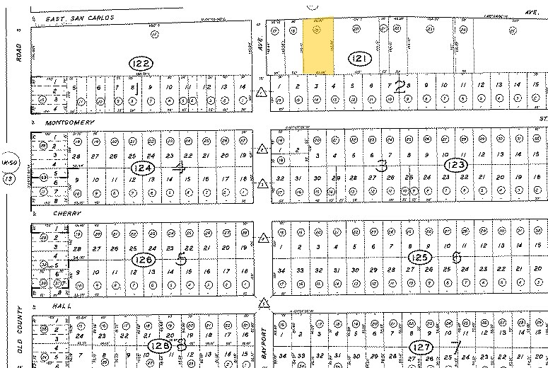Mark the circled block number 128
pyautogui.click(x=158, y=345)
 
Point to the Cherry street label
pyautogui.click(x=54, y=212)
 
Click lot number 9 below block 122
pyautogui.click(x=150, y=88)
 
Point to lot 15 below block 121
pyautogui.click(x=535, y=85)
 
